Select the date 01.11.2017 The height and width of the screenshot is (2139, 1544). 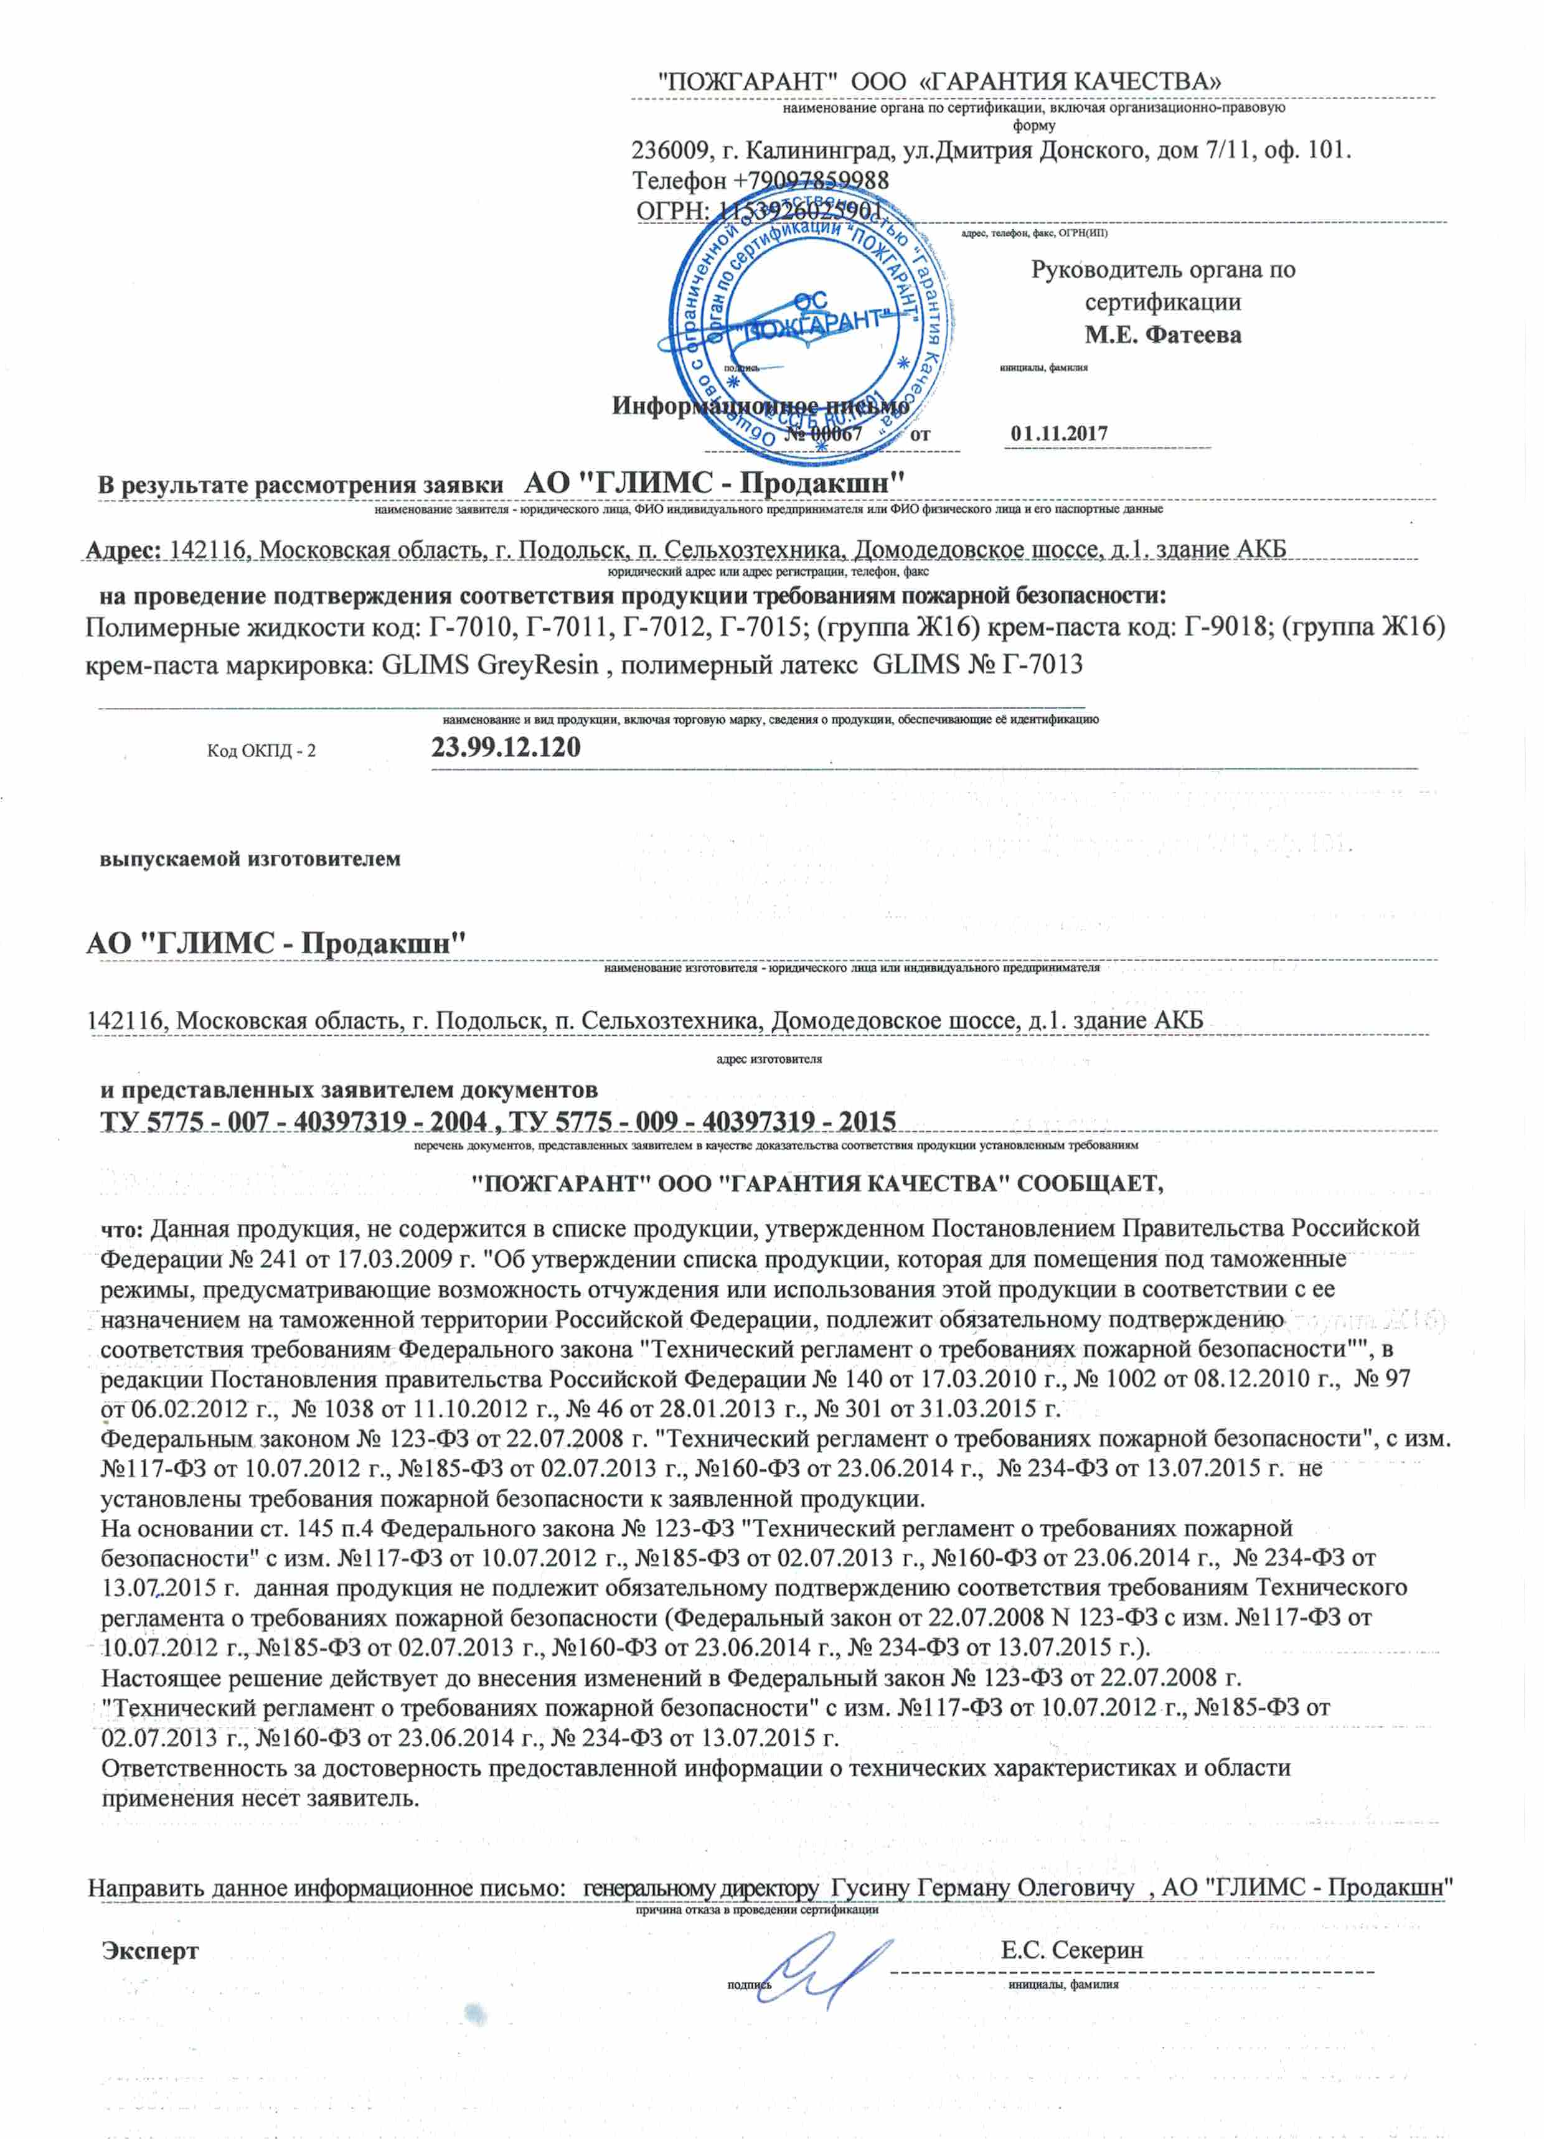[1058, 434]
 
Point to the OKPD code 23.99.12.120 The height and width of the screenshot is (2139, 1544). [506, 748]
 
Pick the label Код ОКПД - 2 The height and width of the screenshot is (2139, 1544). [261, 751]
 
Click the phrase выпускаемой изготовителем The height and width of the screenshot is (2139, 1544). [250, 859]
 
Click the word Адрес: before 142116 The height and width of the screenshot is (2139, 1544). [125, 550]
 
